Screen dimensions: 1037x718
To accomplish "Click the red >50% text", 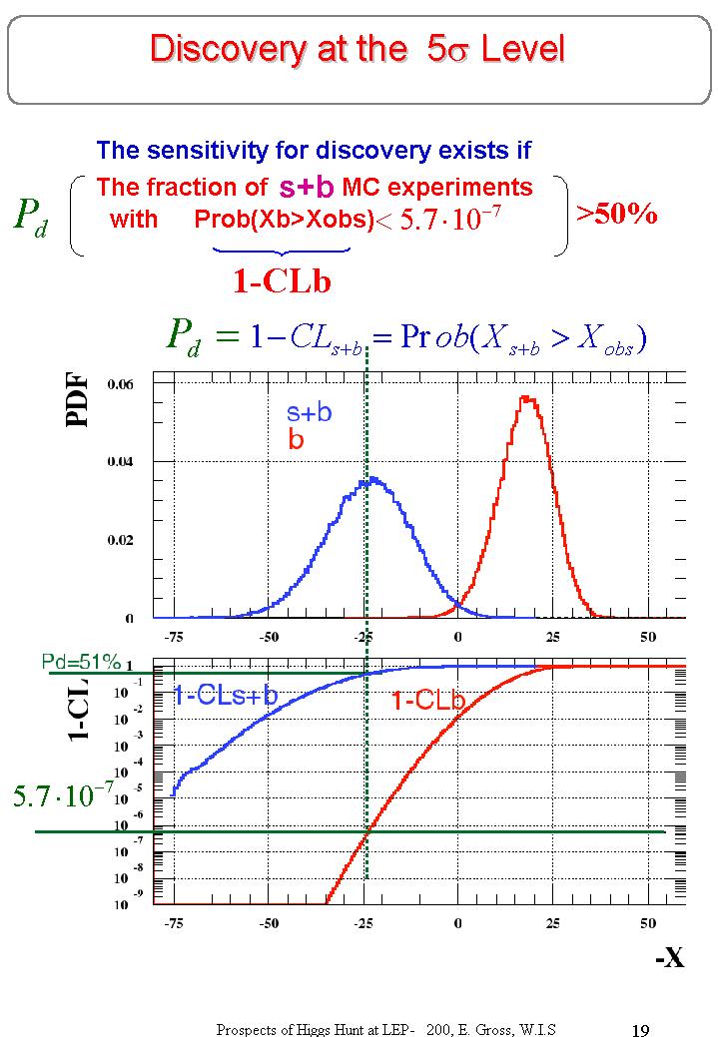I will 617,214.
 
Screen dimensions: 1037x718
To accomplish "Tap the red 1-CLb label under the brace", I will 282,282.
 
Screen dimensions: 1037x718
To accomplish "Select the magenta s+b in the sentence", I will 306,187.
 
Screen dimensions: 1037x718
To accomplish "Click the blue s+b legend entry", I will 309,412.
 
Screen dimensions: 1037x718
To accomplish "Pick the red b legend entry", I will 296,439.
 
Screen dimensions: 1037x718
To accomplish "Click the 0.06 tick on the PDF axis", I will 122,383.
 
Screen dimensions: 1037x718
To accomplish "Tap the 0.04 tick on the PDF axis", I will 122,462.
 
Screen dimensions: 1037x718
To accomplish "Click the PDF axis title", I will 78,399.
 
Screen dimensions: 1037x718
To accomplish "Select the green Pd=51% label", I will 81,661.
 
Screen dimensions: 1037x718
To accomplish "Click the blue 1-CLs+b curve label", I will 225,697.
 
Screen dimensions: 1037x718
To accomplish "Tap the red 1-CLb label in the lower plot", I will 427,702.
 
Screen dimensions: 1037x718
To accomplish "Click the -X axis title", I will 669,959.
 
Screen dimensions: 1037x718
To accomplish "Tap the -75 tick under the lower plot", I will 174,922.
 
